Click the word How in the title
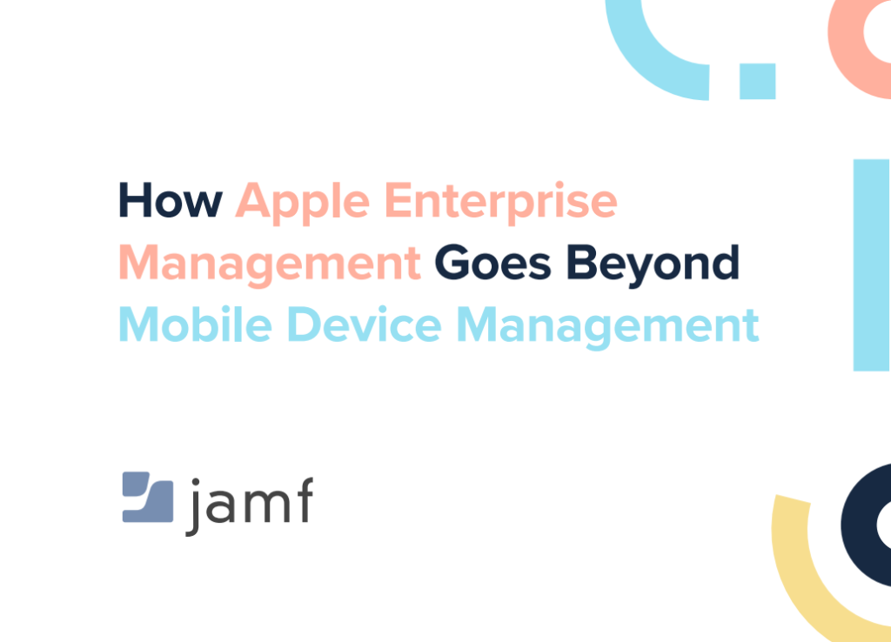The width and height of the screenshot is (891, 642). (171, 201)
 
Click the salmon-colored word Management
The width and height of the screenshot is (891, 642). (271, 263)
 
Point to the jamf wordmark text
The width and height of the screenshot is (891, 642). (249, 505)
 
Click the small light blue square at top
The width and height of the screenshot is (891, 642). (757, 80)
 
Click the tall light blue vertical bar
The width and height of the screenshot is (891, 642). (870, 264)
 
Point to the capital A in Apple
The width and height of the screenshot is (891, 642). (254, 201)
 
